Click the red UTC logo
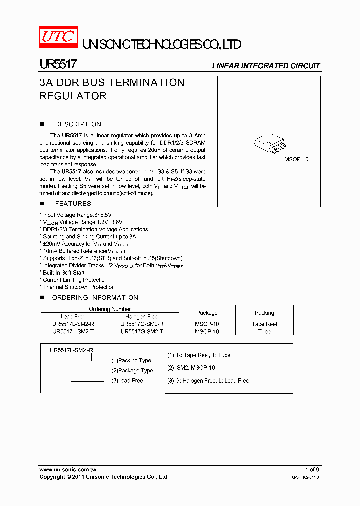click(58, 37)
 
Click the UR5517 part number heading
click(57, 65)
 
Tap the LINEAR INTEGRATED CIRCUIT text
click(266, 66)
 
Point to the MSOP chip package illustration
click(272, 143)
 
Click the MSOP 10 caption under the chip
click(296, 159)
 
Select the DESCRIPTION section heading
click(78, 124)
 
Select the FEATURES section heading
click(73, 204)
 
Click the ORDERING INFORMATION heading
click(95, 298)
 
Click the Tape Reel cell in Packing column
click(264, 324)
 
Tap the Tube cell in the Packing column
click(264, 331)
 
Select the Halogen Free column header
click(142, 316)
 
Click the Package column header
click(207, 313)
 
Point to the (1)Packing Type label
click(131, 360)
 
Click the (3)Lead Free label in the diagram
click(127, 381)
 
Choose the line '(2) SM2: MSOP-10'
click(191, 368)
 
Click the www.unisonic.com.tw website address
click(68, 469)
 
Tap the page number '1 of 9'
click(312, 469)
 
